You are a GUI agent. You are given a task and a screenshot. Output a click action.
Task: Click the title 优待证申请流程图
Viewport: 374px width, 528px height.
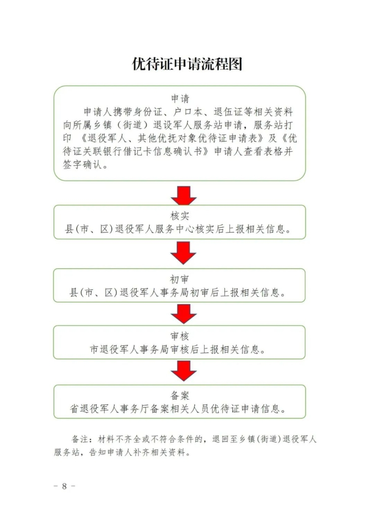(187, 64)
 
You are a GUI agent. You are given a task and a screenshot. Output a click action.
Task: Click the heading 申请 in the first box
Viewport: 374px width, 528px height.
(180, 98)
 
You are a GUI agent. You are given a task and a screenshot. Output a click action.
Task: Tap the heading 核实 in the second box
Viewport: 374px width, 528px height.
(180, 216)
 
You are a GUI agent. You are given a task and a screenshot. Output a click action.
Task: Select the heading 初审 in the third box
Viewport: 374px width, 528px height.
(180, 279)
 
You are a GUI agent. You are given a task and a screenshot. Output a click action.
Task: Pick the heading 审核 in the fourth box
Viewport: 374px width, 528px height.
(180, 336)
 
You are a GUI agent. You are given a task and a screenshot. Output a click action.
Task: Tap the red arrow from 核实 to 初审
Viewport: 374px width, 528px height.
(183, 254)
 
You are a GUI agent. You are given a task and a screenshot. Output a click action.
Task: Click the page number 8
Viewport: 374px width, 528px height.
(64, 486)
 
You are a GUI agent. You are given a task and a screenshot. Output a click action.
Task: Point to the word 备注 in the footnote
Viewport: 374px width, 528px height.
(80, 440)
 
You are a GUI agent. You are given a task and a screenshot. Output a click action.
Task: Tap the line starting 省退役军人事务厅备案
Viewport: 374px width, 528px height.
(180, 409)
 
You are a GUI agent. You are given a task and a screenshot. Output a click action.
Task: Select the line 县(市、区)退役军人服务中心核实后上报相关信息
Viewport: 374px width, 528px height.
(180, 230)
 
